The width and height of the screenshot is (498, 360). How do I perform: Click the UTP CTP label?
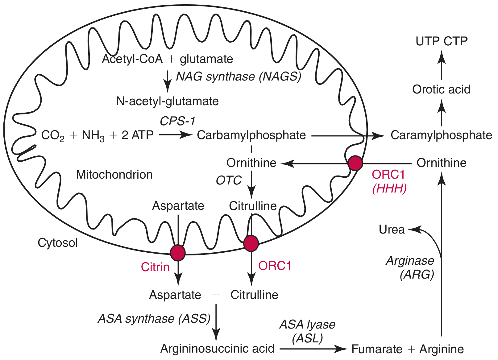[x=442, y=41]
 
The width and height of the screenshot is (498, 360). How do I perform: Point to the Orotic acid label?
[x=441, y=89]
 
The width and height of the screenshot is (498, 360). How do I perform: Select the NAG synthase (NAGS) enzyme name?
[x=239, y=77]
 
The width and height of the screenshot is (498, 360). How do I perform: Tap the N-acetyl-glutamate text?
[x=167, y=101]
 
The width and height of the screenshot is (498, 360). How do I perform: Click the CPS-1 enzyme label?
[x=177, y=121]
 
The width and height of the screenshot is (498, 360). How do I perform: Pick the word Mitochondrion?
[x=114, y=175]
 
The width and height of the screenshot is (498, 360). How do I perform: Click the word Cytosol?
[x=58, y=243]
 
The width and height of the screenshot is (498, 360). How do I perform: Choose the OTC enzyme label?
[x=229, y=180]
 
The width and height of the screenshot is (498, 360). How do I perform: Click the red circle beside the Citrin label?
[x=178, y=253]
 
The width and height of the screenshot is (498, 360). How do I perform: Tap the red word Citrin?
[x=155, y=267]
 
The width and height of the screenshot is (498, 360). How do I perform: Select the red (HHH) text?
[x=389, y=188]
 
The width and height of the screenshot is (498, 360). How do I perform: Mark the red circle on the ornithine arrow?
[x=355, y=163]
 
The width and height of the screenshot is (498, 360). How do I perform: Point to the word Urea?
[x=392, y=230]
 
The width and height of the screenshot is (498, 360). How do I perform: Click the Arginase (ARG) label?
[x=410, y=267]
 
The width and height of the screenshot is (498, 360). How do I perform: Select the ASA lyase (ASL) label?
[x=307, y=331]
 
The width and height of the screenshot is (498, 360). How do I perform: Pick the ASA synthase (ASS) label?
[x=154, y=319]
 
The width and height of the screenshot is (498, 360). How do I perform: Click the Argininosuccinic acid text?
[x=217, y=349]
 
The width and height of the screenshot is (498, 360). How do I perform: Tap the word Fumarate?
[x=377, y=349]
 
